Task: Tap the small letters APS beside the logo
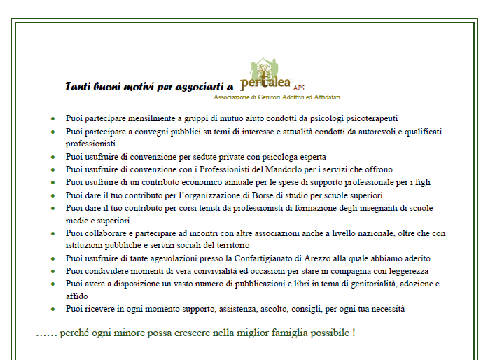click(300, 88)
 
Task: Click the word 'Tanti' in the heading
click(78, 86)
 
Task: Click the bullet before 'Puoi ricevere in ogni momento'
click(53, 309)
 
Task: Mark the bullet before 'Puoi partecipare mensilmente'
click(53, 119)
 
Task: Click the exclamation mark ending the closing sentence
click(353, 332)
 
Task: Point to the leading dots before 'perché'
click(46, 333)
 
